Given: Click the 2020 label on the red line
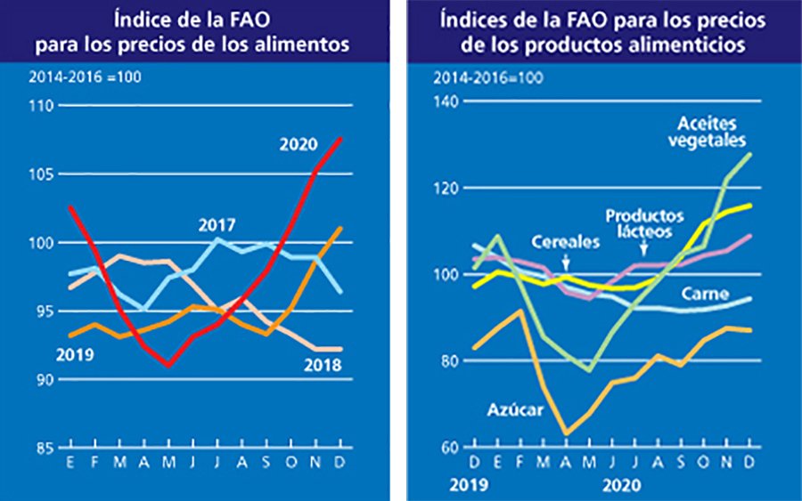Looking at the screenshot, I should pos(299,143).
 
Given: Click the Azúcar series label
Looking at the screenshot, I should pos(509,410).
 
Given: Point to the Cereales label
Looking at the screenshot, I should pos(563,241).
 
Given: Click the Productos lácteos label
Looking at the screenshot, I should pos(644,223).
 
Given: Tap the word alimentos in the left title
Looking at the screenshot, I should pos(305,44).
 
